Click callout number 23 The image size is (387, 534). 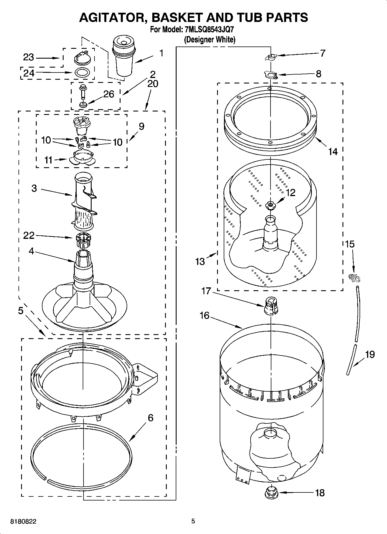tap(28, 57)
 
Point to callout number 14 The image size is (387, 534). tap(333, 151)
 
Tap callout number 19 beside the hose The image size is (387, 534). tap(370, 354)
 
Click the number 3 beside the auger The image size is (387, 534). tap(34, 189)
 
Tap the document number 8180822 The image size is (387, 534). tap(23, 521)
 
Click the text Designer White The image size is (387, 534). tap(210, 40)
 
